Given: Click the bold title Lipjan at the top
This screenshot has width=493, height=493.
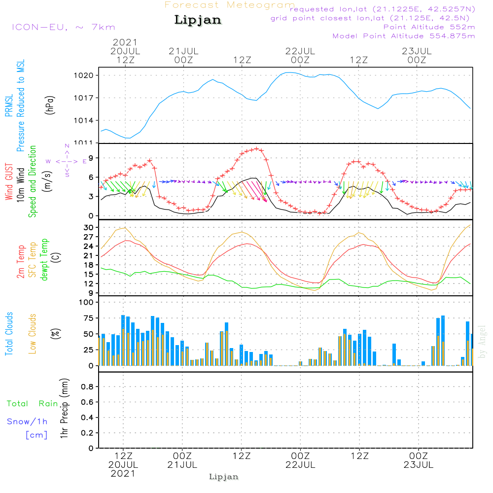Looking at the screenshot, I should (x=198, y=20).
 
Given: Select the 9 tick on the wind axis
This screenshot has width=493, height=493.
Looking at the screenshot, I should (x=91, y=158).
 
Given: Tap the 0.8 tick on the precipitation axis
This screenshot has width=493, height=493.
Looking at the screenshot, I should (x=87, y=387).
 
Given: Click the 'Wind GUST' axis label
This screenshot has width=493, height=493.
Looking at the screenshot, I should (x=9, y=182).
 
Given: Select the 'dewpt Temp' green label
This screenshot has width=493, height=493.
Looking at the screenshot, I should (x=44, y=260).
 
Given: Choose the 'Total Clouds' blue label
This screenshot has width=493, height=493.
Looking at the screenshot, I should (x=9, y=334).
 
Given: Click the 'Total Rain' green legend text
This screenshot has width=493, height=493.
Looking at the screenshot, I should (x=33, y=404).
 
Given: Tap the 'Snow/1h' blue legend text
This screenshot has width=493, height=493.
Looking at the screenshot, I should (x=28, y=422).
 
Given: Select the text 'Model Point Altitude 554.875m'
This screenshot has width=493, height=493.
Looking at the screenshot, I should (x=404, y=36).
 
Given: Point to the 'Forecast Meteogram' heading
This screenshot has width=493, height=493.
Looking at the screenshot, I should (x=230, y=5).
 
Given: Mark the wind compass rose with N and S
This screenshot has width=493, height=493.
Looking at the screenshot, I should (x=67, y=161).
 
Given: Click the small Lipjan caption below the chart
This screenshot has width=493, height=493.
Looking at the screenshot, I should (x=224, y=477).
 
